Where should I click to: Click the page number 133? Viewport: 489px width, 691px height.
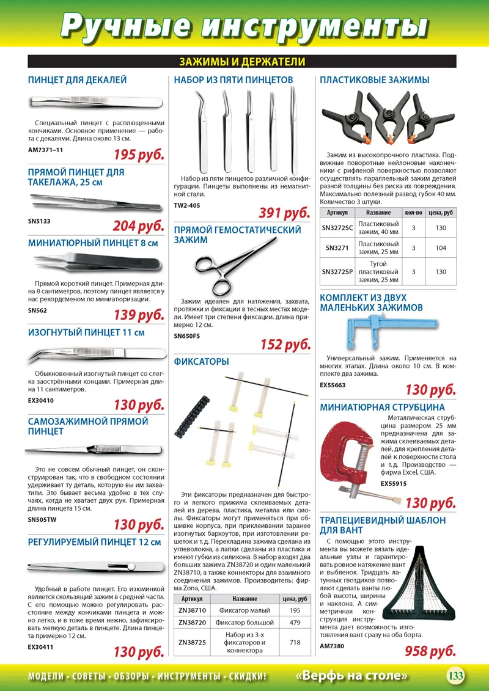tap(455, 676)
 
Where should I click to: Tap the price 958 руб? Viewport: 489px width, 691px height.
tap(430, 651)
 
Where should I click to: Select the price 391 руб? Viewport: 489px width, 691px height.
tap(284, 213)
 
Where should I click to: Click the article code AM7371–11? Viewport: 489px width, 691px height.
tap(46, 149)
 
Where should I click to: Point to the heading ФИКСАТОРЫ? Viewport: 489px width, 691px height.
tap(201, 362)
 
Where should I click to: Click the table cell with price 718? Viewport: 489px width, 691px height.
tap(295, 642)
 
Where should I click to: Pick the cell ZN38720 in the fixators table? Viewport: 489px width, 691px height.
tap(193, 623)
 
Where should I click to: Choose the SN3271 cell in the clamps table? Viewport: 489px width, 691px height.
tap(337, 247)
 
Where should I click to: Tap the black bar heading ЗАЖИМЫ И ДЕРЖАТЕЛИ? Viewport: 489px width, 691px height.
tap(242, 62)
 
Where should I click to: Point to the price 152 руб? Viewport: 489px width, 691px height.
tap(285, 345)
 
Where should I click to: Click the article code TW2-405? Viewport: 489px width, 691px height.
tap(186, 205)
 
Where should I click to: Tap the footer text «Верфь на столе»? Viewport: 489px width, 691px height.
tap(351, 676)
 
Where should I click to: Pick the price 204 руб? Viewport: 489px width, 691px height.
tap(138, 226)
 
